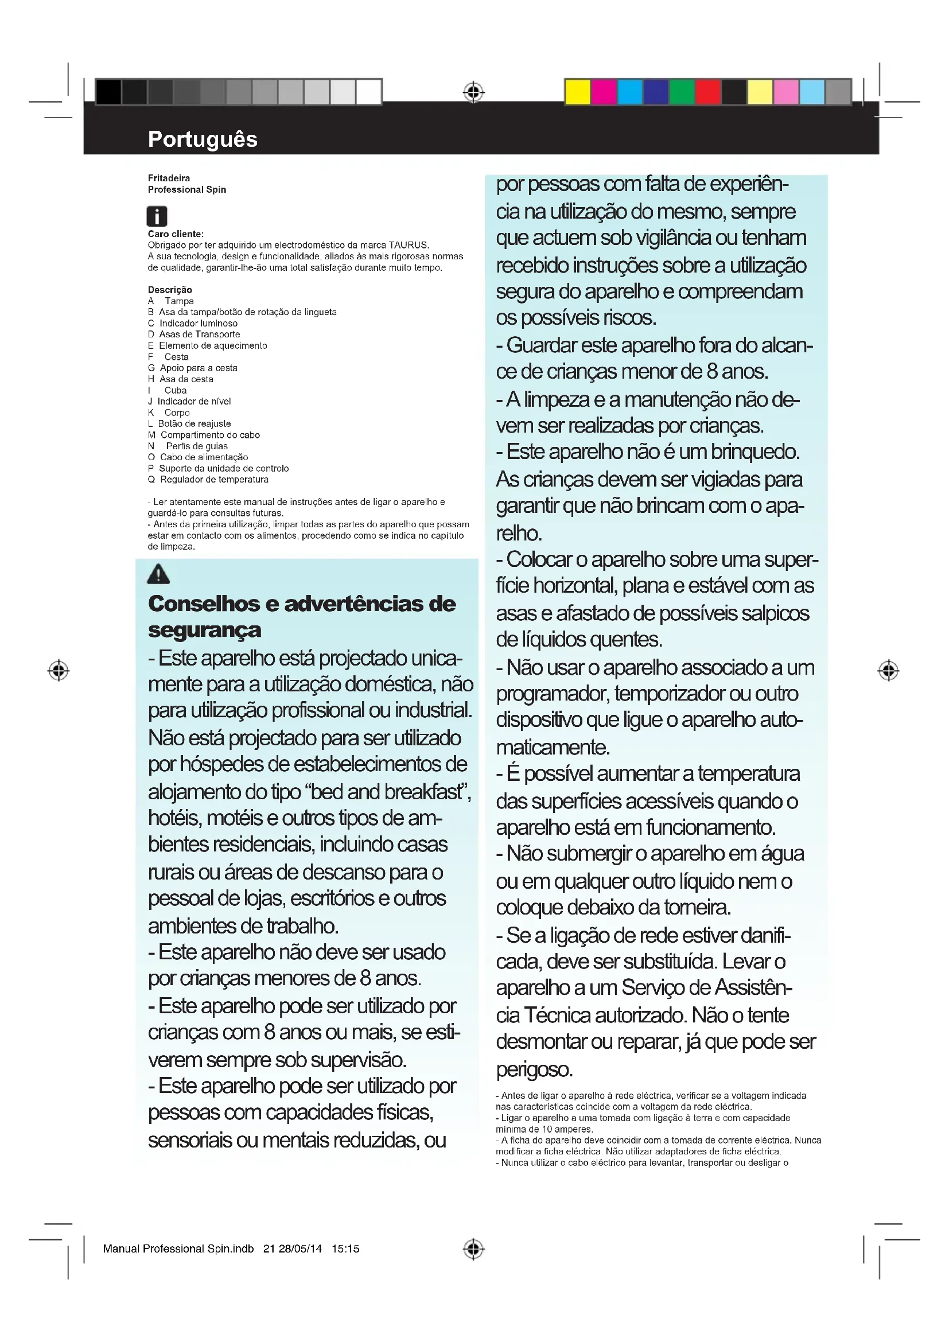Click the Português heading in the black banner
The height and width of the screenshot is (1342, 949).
[202, 139]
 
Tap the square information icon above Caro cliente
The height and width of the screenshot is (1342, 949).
[157, 216]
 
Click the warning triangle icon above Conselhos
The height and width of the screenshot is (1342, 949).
[158, 574]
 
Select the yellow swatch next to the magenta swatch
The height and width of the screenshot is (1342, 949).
[577, 92]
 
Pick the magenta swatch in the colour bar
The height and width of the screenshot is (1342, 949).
[604, 92]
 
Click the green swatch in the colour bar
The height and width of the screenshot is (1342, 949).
[682, 92]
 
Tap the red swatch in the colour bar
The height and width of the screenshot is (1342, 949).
[707, 92]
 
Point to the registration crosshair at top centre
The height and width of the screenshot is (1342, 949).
[474, 92]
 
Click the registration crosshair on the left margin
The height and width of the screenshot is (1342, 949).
[59, 670]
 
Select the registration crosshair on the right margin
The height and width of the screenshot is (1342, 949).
[888, 670]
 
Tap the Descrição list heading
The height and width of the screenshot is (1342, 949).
[169, 290]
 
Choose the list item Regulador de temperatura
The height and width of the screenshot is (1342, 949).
[214, 479]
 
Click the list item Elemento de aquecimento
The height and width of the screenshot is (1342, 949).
[213, 345]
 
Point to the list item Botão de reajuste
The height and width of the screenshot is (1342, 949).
[194, 424]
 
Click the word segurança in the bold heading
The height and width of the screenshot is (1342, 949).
[204, 630]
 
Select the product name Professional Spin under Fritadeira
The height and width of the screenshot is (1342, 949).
[186, 189]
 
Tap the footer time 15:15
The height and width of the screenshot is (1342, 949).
[345, 1248]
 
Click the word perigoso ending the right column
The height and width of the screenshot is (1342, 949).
[534, 1069]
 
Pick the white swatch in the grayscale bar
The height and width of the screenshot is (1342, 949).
[369, 92]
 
